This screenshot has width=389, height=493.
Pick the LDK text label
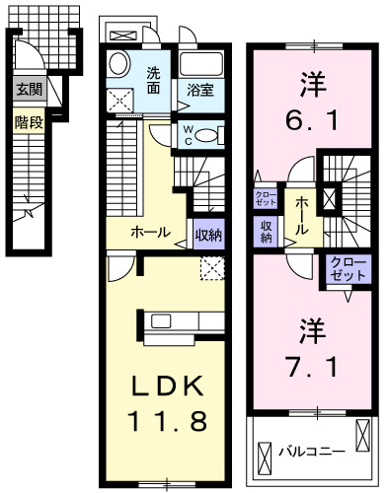pyautogui.click(x=166, y=385)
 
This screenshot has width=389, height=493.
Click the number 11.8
pyautogui.click(x=166, y=422)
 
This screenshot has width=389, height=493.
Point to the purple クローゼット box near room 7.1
pyautogui.click(x=347, y=269)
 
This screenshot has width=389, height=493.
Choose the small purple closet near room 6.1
pyautogui.click(x=265, y=199)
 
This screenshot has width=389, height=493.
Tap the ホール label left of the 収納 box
pyautogui.click(x=151, y=234)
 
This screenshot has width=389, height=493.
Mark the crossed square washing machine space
pyautogui.click(x=122, y=101)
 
